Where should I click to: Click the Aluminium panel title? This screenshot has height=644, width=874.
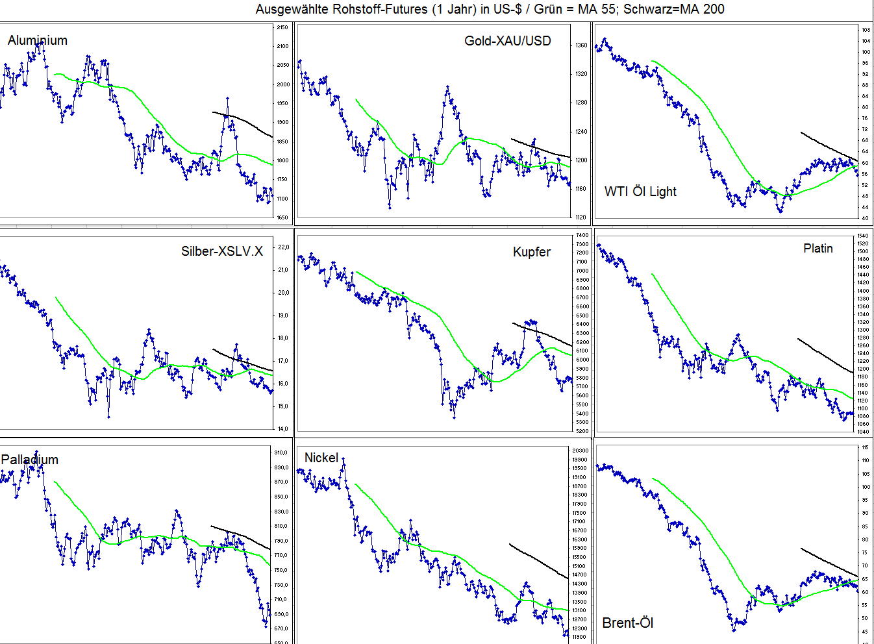(38, 40)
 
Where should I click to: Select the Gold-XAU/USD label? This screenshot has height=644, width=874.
(507, 41)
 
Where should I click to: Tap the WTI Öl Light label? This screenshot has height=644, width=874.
(640, 192)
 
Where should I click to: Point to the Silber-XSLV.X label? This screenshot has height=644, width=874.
(222, 251)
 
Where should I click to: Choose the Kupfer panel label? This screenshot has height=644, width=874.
(531, 252)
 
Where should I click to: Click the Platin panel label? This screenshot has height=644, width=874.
(818, 248)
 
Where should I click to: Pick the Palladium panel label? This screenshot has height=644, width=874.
(30, 460)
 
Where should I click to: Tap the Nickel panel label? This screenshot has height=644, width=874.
(321, 458)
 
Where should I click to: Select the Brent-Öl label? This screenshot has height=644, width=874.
(628, 623)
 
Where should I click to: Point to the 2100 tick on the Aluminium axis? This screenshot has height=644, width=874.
(282, 46)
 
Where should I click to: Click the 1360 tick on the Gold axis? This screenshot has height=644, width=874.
(581, 45)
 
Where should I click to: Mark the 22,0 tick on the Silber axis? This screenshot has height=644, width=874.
(283, 247)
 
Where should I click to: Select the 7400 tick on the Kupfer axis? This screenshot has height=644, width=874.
(582, 235)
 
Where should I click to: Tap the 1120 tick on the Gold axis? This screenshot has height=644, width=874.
(581, 217)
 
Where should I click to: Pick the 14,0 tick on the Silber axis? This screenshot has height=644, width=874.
(283, 428)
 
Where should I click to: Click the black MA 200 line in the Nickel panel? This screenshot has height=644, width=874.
(539, 560)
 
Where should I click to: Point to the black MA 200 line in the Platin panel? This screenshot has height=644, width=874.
(825, 354)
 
